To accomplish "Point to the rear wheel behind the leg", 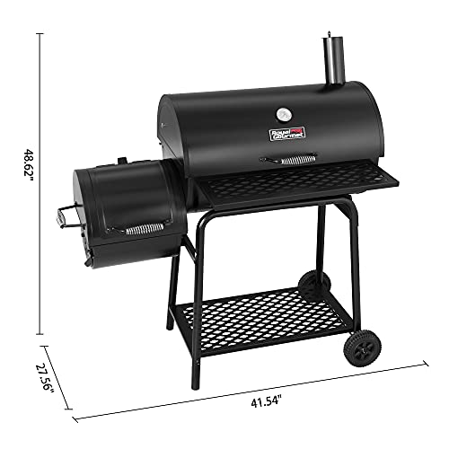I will [311, 286].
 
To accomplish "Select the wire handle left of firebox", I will [66, 216].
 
